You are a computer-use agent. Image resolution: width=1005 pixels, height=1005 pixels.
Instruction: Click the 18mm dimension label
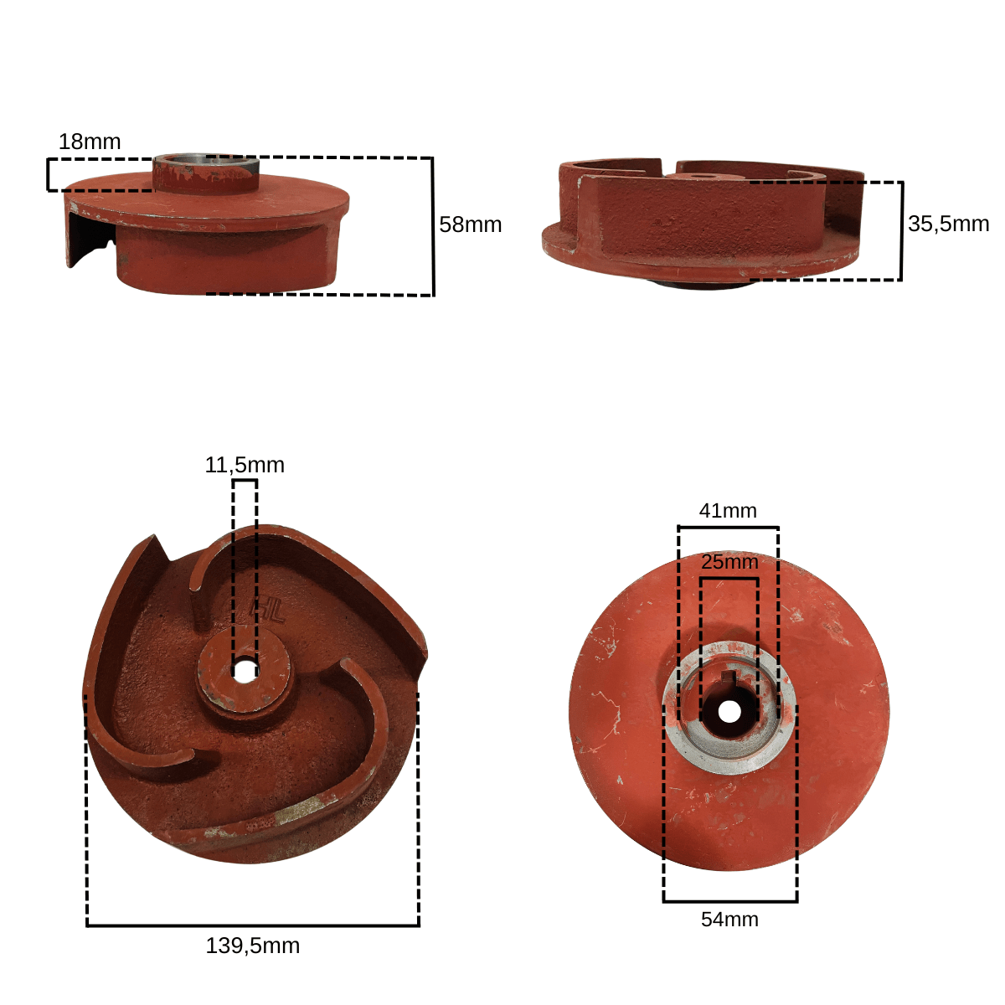(89, 142)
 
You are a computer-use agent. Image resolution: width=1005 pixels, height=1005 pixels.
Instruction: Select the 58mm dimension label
(470, 224)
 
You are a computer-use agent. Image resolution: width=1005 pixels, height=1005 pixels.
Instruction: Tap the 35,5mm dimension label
(948, 224)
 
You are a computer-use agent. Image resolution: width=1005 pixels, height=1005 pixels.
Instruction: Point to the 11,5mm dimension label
(245, 465)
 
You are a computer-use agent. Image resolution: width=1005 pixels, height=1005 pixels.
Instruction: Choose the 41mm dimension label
(728, 511)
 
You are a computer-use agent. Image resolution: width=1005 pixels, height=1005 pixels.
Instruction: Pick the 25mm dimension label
(729, 562)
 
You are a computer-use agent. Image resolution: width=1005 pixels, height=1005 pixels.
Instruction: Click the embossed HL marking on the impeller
(268, 609)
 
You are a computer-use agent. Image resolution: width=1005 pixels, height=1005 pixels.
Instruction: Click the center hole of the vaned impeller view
(245, 672)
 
